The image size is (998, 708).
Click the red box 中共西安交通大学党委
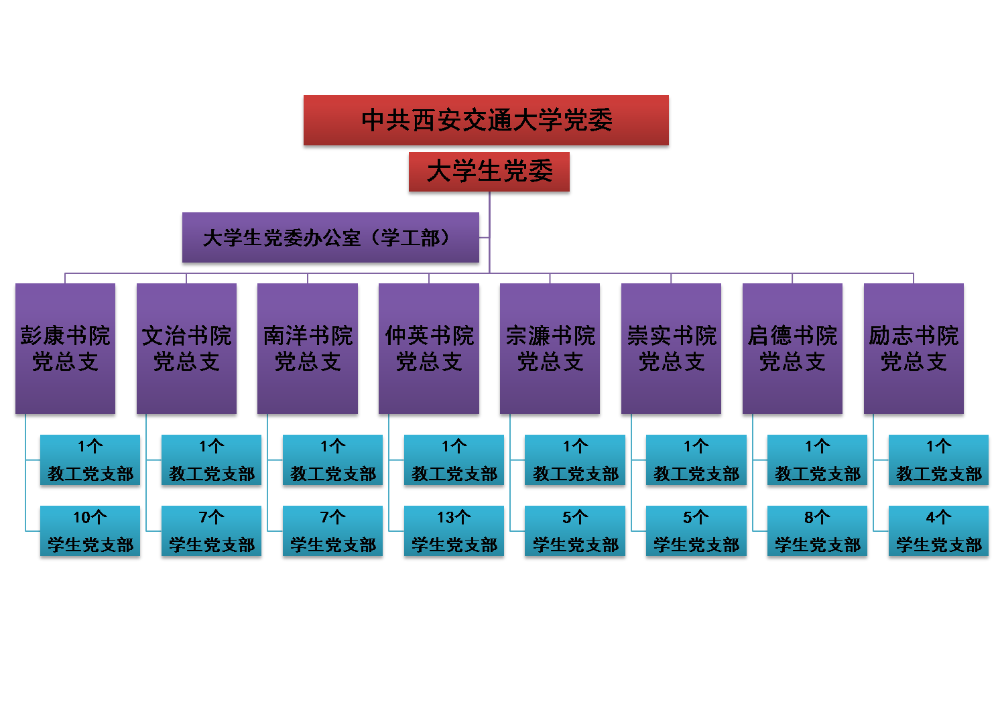click(x=486, y=121)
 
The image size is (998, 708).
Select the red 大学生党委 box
click(x=489, y=173)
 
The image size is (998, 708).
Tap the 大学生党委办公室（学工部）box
click(x=330, y=238)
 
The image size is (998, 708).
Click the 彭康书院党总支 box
click(x=65, y=349)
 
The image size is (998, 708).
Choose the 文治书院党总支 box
click(x=186, y=349)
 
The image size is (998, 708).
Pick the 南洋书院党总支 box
click(x=308, y=349)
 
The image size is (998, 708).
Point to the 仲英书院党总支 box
click(x=429, y=349)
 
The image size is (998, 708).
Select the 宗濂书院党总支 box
click(x=550, y=349)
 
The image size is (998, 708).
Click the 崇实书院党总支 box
click(x=672, y=349)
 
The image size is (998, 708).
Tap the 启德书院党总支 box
click(x=792, y=349)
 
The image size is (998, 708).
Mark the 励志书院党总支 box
click(x=914, y=349)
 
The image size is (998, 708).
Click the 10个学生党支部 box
click(x=90, y=532)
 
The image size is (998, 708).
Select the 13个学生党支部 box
click(x=454, y=532)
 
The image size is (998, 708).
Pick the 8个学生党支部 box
click(x=818, y=532)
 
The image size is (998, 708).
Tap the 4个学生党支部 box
click(x=938, y=532)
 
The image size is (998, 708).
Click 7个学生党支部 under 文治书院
click(x=212, y=532)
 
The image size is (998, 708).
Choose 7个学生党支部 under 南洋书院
click(x=333, y=532)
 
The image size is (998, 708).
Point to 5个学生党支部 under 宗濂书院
click(x=576, y=532)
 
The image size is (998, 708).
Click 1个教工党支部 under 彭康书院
click(x=90, y=461)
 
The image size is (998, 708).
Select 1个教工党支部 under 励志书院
click(x=938, y=461)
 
